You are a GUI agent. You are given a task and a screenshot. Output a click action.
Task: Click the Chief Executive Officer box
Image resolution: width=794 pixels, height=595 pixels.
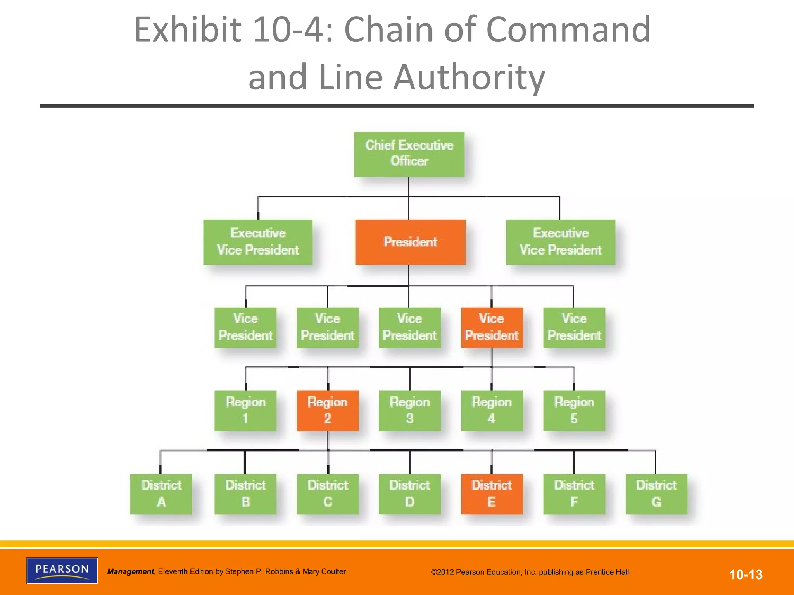pyautogui.click(x=409, y=154)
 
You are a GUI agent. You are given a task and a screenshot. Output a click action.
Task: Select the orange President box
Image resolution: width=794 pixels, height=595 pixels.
pyautogui.click(x=410, y=242)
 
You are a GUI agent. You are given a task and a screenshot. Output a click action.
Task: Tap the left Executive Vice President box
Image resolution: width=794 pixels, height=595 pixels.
pyautogui.click(x=258, y=242)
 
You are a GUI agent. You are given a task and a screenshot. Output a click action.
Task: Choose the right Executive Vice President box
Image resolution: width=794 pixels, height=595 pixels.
pyautogui.click(x=561, y=242)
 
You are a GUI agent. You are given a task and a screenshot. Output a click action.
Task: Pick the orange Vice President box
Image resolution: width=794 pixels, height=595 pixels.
pyautogui.click(x=492, y=327)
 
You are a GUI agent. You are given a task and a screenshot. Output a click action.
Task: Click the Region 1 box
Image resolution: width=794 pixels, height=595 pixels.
pyautogui.click(x=245, y=411)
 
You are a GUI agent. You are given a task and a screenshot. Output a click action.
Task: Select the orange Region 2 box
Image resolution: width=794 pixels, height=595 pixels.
pyautogui.click(x=328, y=411)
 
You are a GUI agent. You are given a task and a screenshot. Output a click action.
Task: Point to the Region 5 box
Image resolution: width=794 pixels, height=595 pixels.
pyautogui.click(x=574, y=411)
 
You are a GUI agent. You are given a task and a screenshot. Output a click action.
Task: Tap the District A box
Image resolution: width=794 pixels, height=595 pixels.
pyautogui.click(x=161, y=494)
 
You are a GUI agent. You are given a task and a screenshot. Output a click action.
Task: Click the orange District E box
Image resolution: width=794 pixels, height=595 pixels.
pyautogui.click(x=492, y=494)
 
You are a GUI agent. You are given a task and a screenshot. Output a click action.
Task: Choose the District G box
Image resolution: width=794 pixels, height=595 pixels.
pyautogui.click(x=656, y=494)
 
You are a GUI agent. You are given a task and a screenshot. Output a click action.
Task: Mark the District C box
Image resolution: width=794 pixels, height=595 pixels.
pyautogui.click(x=328, y=494)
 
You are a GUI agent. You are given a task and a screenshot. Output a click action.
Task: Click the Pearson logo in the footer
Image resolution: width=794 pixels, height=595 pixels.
pyautogui.click(x=62, y=570)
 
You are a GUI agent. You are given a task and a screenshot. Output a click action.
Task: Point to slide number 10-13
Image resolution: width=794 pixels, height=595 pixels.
pyautogui.click(x=746, y=574)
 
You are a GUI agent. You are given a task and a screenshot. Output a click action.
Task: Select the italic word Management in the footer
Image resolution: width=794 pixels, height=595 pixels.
pyautogui.click(x=131, y=572)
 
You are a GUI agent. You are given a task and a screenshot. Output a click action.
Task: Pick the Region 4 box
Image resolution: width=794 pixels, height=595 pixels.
pyautogui.click(x=492, y=411)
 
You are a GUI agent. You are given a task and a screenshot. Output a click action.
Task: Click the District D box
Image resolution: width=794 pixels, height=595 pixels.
pyautogui.click(x=409, y=494)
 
